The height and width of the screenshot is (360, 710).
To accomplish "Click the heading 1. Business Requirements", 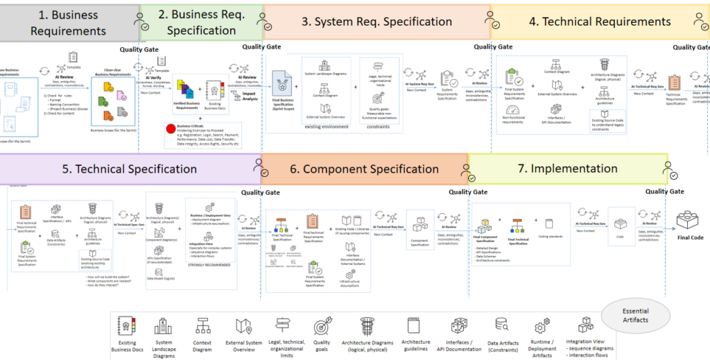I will (x=69, y=22).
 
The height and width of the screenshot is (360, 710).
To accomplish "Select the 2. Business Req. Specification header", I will (x=201, y=22).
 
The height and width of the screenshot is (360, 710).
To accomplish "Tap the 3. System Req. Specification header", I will (x=376, y=22).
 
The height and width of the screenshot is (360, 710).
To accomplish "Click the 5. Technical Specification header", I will (x=129, y=169).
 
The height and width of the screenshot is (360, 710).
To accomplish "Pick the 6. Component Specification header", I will (x=364, y=169).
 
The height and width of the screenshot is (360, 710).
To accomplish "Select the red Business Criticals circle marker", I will (x=169, y=127).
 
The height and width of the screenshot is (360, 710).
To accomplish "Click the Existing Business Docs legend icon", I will (x=128, y=326).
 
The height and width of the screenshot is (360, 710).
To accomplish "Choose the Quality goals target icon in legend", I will (x=322, y=326).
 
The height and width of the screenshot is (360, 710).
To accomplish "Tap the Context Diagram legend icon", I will (x=203, y=326).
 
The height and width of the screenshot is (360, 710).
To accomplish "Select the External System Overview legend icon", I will (x=243, y=326).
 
